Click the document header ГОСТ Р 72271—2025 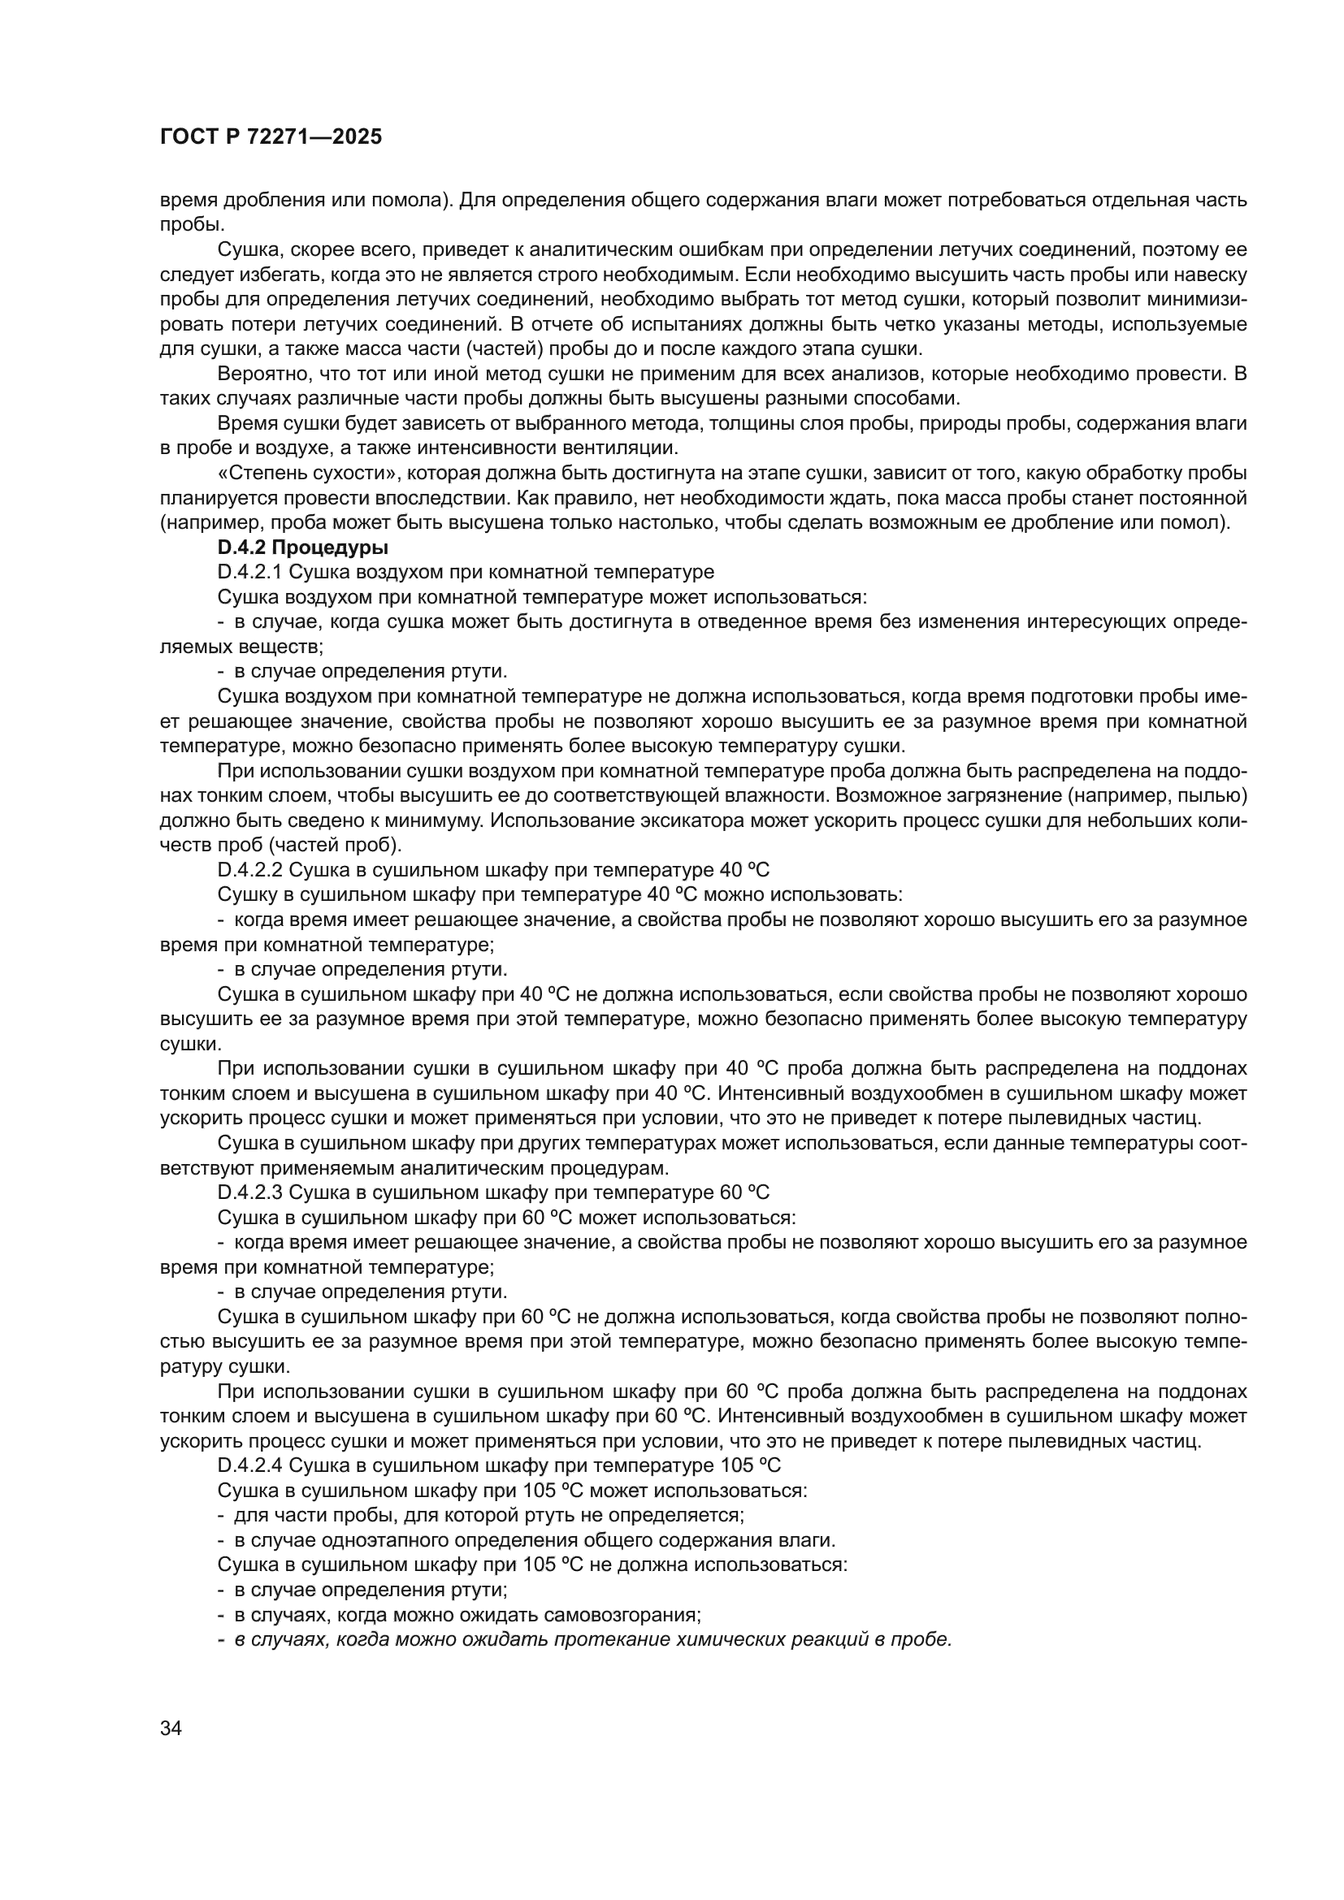coord(271,137)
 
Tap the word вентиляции coord(628,448)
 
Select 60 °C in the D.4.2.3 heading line coord(740,1192)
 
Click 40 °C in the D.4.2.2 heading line coord(740,870)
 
